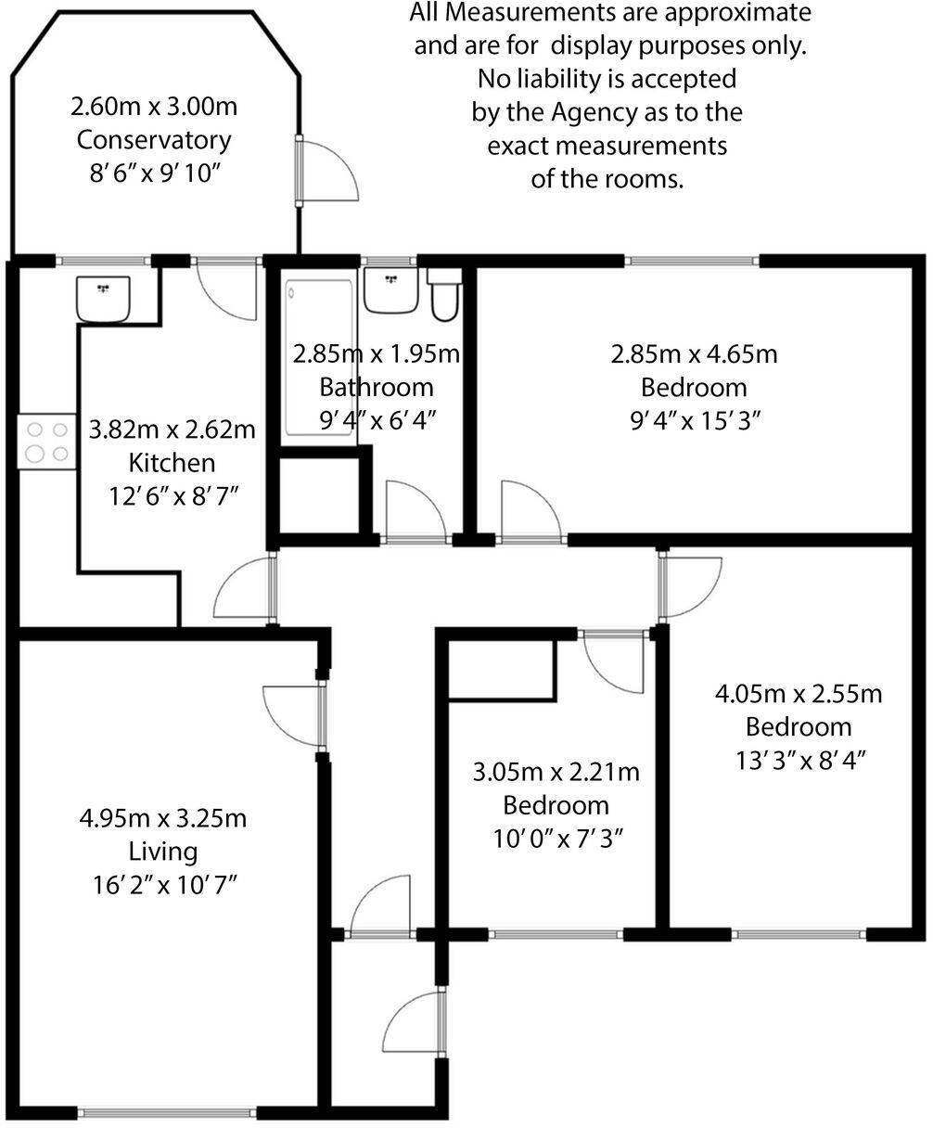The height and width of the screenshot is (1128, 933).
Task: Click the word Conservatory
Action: (153, 140)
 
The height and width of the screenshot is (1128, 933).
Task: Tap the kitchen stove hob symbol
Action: (47, 441)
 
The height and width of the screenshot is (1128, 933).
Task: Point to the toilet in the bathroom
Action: (442, 296)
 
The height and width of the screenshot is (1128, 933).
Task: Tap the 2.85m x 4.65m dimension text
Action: (693, 353)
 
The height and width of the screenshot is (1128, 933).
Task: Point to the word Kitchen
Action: (172, 462)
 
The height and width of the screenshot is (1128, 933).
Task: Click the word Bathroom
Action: (376, 386)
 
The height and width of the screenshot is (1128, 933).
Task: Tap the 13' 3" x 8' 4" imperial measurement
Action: (799, 759)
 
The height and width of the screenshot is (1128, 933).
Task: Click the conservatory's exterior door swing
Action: (329, 168)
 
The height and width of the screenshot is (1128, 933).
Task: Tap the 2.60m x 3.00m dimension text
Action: (154, 107)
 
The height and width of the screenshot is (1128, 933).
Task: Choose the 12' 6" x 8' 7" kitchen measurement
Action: (172, 495)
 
